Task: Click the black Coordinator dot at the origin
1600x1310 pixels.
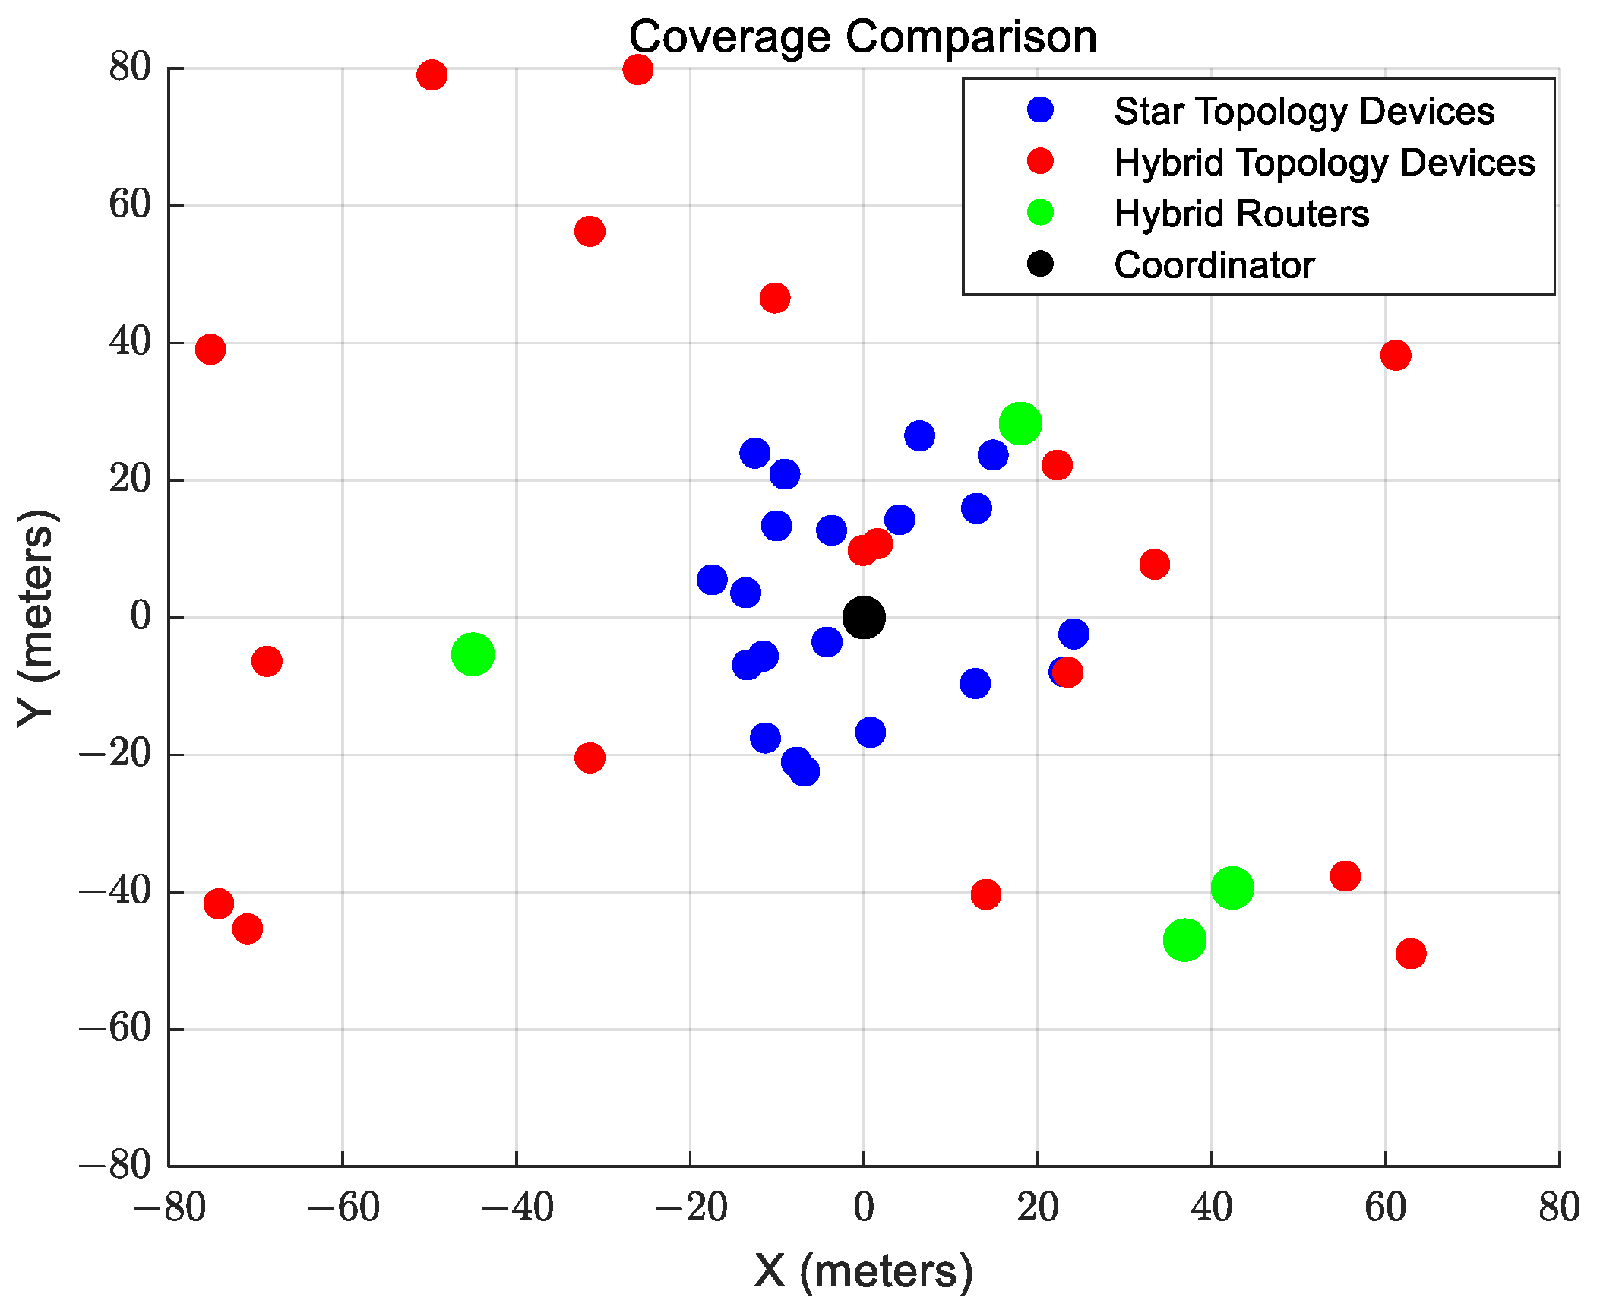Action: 864,617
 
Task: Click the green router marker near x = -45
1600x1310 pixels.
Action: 473,653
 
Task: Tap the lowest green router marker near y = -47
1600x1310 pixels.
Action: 1184,940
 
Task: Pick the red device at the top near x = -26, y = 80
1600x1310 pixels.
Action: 637,69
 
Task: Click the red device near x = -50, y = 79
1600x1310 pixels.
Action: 432,74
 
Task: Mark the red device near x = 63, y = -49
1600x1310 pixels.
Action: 1411,953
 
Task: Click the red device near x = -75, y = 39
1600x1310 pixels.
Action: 210,349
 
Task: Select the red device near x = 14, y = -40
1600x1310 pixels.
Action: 985,894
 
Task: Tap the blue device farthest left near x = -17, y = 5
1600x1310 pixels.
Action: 712,580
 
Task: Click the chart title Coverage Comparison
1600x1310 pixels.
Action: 863,36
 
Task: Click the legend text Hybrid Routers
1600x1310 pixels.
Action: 1241,214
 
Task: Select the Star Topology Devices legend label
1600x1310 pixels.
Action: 1304,111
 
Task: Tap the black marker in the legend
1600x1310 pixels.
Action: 1040,264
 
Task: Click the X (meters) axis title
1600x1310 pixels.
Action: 864,1270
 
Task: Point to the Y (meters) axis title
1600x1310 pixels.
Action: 36,617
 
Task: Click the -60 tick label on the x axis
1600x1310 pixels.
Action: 343,1207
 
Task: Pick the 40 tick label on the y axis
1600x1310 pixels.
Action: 130,343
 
